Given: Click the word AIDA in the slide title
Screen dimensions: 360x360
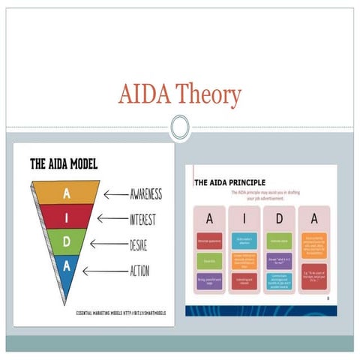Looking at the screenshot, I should [143, 95].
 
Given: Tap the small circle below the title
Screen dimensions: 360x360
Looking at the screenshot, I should [179, 127].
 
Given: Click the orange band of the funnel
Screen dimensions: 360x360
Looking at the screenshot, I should [67, 193].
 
